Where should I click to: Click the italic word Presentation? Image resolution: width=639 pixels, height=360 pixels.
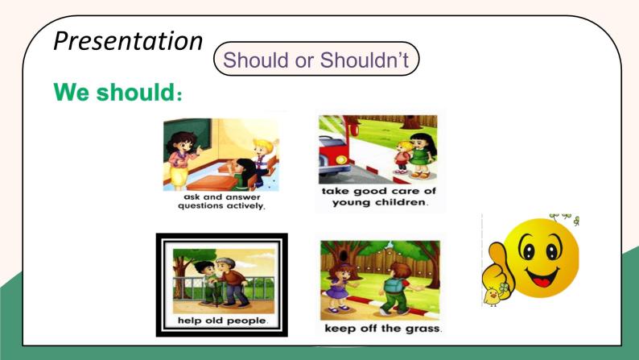pyautogui.click(x=128, y=42)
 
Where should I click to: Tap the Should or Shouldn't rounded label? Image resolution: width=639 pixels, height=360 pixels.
pyautogui.click(x=316, y=59)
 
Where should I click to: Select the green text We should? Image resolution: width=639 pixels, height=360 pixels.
pyautogui.click(x=117, y=92)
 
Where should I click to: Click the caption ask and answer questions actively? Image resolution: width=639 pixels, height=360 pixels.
pyautogui.click(x=221, y=201)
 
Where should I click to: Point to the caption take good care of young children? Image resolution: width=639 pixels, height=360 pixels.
pyautogui.click(x=378, y=197)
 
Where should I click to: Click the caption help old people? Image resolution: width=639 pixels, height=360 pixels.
pyautogui.click(x=222, y=321)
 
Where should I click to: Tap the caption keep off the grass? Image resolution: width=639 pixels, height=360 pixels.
pyautogui.click(x=383, y=329)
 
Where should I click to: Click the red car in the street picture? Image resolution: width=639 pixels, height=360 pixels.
pyautogui.click(x=335, y=153)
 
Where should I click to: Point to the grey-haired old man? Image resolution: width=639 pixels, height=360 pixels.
pyautogui.click(x=231, y=282)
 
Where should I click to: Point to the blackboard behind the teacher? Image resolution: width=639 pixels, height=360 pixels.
pyautogui.click(x=187, y=132)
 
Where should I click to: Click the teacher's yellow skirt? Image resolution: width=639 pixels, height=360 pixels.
pyautogui.click(x=179, y=176)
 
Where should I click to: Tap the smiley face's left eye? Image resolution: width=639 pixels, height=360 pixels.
pyautogui.click(x=528, y=250)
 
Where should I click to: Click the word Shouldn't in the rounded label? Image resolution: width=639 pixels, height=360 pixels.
pyautogui.click(x=365, y=60)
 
